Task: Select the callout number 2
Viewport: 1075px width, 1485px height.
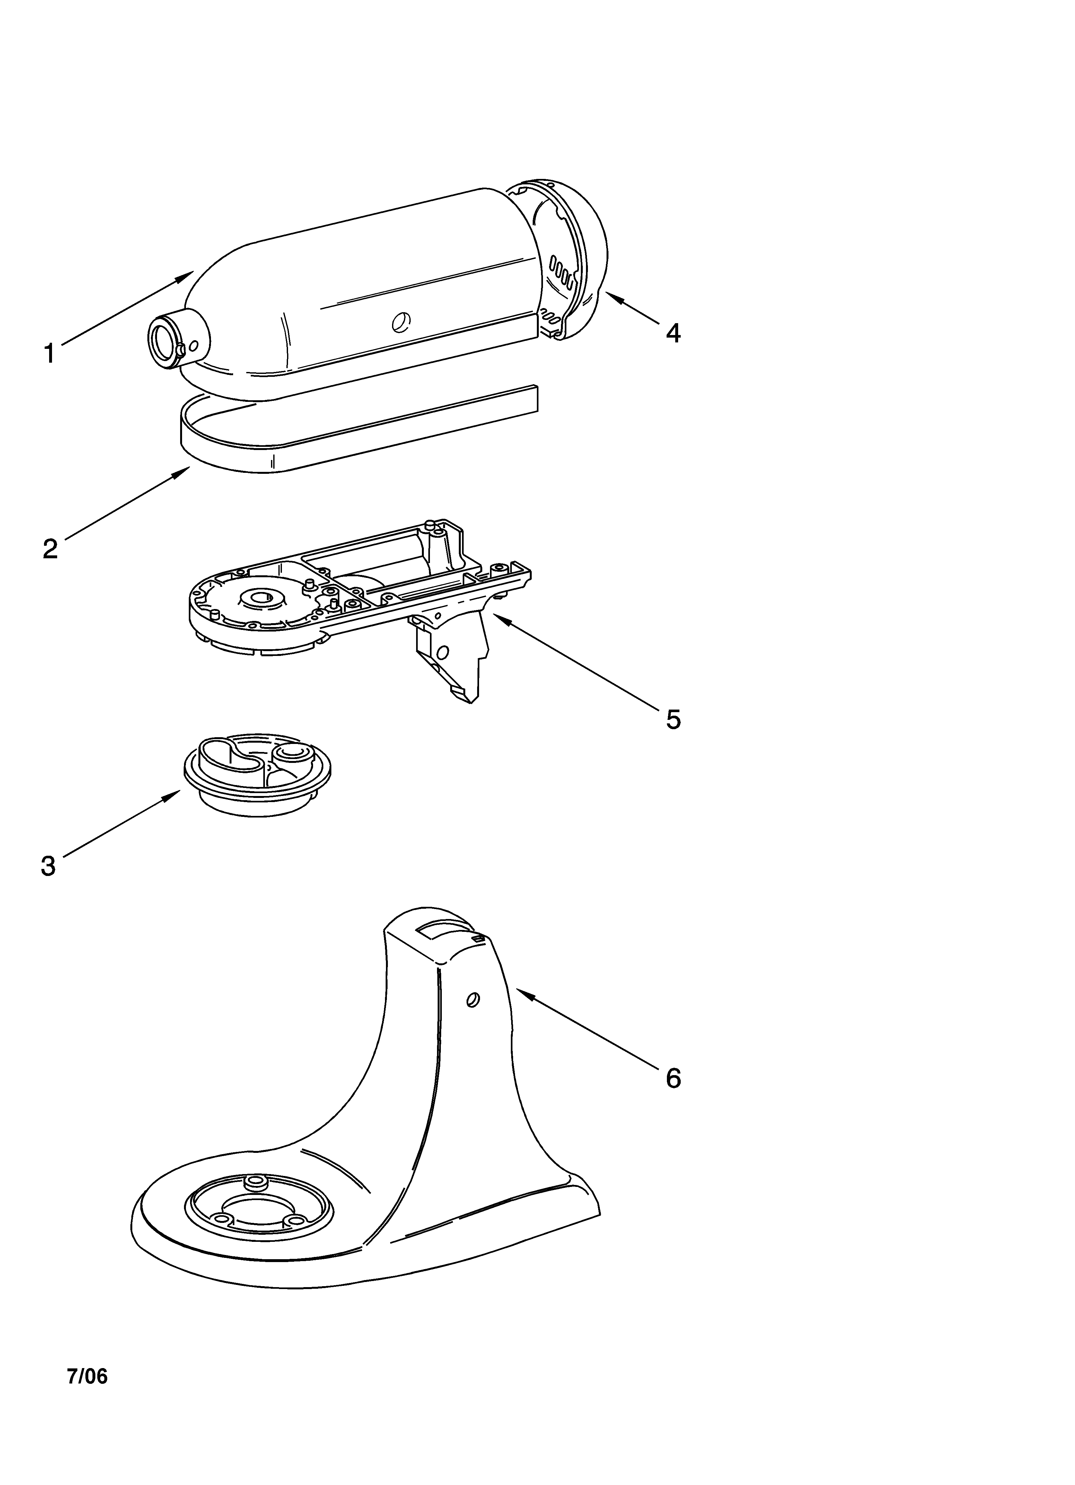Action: pos(50,548)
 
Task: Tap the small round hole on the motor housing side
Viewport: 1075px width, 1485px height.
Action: pos(399,322)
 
